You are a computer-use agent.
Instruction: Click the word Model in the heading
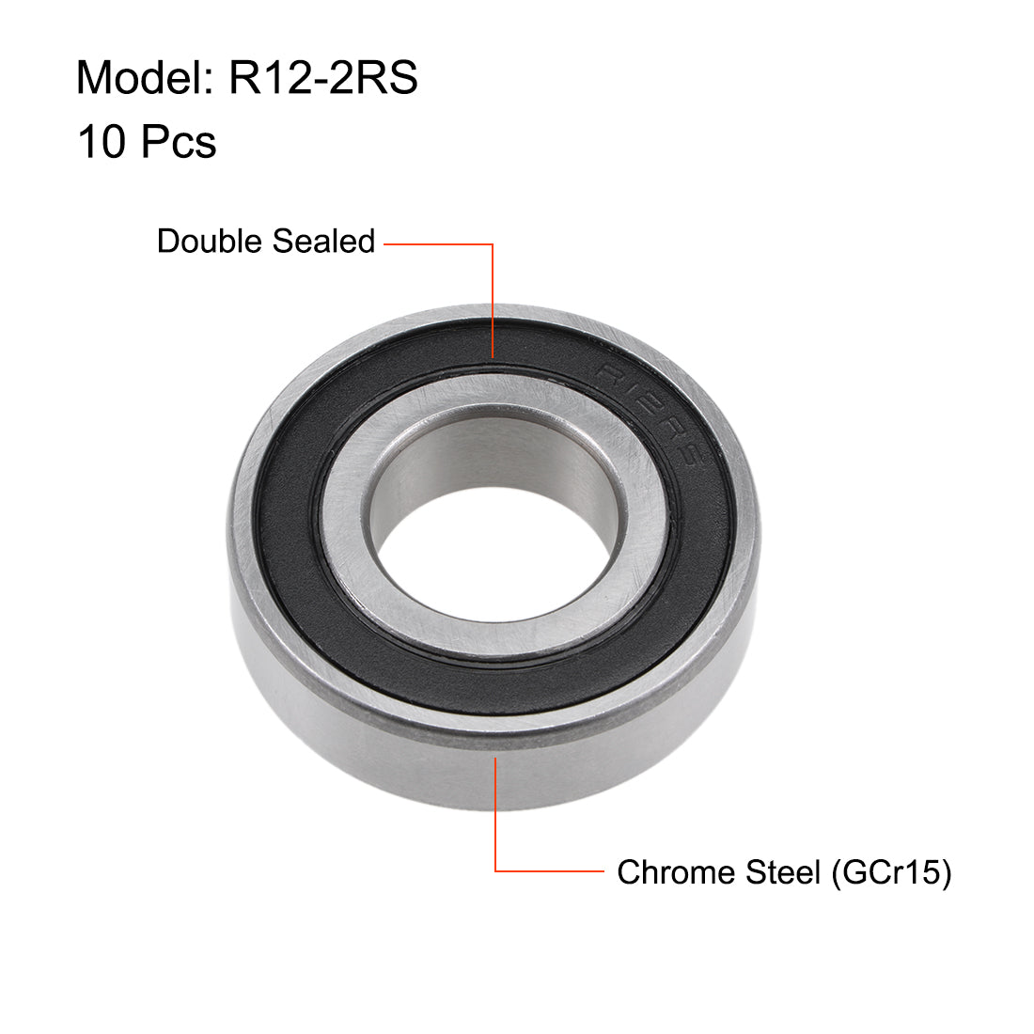pyautogui.click(x=141, y=77)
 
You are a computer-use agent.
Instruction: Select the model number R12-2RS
pyautogui.click(x=323, y=77)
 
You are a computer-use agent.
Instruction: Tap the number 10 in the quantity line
pyautogui.click(x=102, y=143)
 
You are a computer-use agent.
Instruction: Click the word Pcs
pyautogui.click(x=179, y=143)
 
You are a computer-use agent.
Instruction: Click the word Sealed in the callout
pyautogui.click(x=323, y=242)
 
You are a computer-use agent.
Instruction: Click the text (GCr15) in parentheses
pyautogui.click(x=890, y=872)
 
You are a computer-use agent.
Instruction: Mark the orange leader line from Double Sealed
pyautogui.click(x=493, y=301)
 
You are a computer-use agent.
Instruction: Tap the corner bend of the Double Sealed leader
pyautogui.click(x=493, y=244)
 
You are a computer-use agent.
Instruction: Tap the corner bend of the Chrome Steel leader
pyautogui.click(x=495, y=871)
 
